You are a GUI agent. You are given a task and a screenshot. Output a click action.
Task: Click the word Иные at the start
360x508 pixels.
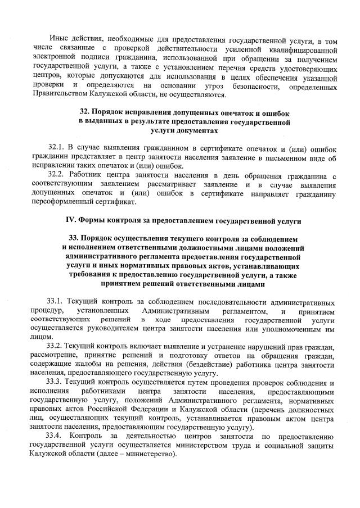tap(58, 42)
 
